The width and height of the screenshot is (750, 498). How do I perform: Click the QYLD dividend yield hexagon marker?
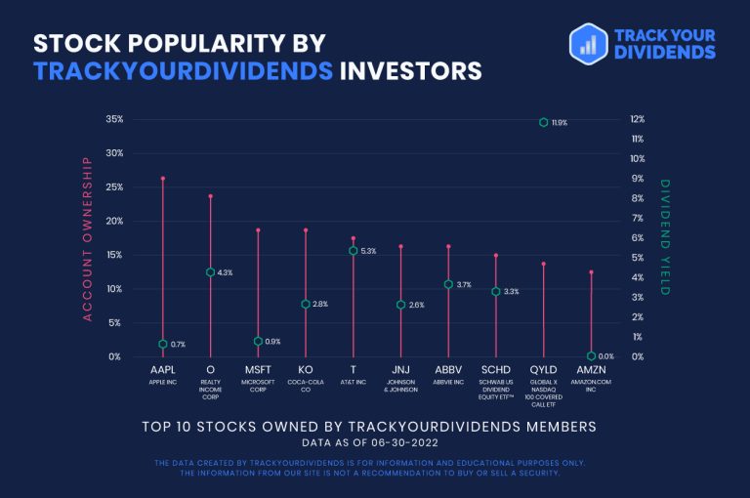[544, 123]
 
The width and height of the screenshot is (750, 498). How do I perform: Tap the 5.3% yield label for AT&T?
[368, 251]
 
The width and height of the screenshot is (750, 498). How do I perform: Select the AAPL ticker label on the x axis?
[163, 371]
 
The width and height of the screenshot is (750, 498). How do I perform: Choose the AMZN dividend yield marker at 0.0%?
[592, 356]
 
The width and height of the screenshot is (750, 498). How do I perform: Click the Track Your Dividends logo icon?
[589, 43]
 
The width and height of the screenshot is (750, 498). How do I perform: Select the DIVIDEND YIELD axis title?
[665, 237]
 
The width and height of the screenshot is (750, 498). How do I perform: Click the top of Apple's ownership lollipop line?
[163, 178]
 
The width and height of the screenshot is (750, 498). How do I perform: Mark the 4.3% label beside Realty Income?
[225, 272]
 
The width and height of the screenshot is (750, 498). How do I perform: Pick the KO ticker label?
[306, 371]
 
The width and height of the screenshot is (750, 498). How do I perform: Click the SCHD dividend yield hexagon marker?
[496, 291]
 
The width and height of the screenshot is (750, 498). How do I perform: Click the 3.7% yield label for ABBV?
[464, 285]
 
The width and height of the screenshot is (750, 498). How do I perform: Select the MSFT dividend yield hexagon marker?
[258, 341]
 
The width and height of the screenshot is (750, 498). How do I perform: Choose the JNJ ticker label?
[400, 371]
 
